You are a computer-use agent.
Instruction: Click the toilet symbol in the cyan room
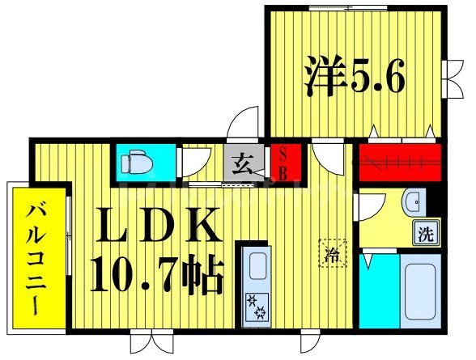click(x=138, y=163)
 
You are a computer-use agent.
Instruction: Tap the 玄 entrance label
click(x=244, y=163)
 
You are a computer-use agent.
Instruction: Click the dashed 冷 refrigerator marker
click(x=333, y=252)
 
